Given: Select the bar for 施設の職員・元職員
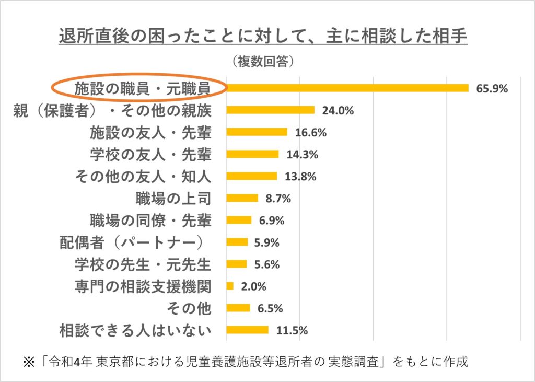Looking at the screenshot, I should tap(347, 88).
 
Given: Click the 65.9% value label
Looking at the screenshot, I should tap(492, 88).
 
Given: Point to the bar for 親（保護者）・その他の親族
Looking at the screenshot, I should tap(271, 110).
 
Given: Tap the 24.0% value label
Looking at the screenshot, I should tap(338, 110).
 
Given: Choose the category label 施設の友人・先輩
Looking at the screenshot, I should tap(150, 132).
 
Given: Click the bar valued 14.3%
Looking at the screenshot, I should tap(252, 154).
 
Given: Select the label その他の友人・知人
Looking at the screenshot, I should tap(143, 177).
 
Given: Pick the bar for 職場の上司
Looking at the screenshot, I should tap(242, 198).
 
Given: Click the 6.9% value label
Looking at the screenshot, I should tap(272, 221).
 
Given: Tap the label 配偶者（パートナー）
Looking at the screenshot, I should tap(131, 242).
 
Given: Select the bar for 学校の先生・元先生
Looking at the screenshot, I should tap(237, 264).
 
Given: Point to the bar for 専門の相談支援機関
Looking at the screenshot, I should tap(230, 286).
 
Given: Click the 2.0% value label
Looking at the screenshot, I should tap(254, 286).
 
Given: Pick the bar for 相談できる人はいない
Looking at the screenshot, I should tap(248, 330).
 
